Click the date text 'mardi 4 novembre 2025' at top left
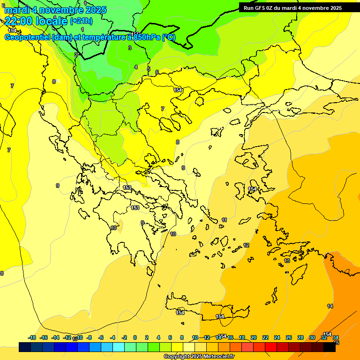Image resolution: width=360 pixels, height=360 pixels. tap(55, 10)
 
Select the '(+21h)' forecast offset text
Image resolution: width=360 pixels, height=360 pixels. tap(81, 21)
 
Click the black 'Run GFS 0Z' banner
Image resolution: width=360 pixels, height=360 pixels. tap(292, 7)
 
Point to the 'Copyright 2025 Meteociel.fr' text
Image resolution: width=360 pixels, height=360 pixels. tap(199, 357)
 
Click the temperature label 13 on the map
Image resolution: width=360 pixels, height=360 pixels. tap(287, 261)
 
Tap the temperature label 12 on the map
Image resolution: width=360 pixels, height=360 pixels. tap(246, 245)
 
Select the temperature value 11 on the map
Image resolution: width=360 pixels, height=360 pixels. tap(225, 220)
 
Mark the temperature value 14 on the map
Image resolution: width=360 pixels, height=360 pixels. tap(330, 306)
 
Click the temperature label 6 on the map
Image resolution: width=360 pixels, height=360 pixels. tap(157, 72)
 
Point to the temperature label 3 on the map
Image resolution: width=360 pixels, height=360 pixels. tap(130, 48)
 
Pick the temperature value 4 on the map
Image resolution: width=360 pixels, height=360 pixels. tap(136, 67)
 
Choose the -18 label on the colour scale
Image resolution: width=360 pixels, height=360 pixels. tap(32, 337)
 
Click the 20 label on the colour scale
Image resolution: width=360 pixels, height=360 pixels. tap(254, 337)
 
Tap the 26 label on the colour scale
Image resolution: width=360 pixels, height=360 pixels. tap(289, 337)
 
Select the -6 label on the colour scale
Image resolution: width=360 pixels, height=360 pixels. tap(100, 337)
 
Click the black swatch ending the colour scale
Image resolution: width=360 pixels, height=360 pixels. tap(330, 347)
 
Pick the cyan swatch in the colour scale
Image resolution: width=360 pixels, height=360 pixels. tap(119, 347)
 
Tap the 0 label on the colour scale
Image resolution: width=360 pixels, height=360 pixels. tap(135, 337)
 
